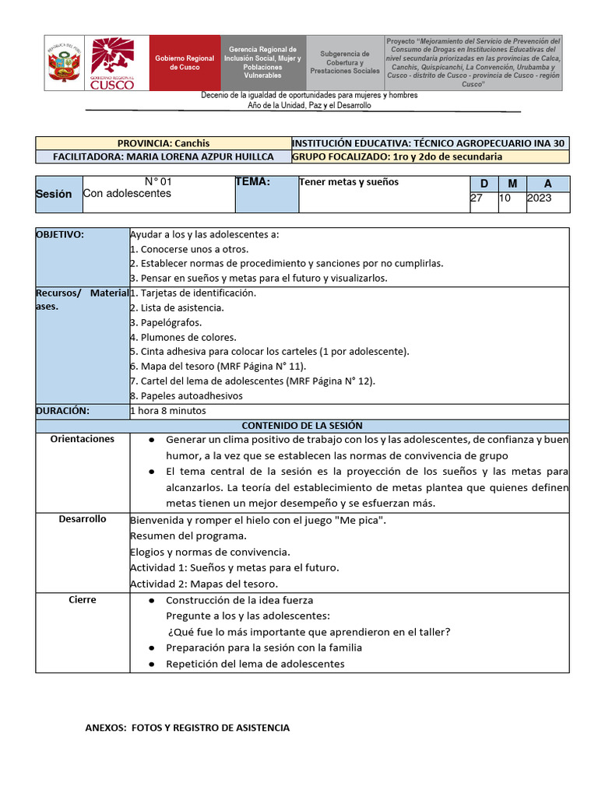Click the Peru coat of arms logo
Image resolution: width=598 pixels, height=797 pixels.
coord(65,63)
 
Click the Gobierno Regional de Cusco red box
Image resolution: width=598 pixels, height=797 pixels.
coord(185,63)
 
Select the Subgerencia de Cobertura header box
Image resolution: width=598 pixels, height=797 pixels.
coord(344,63)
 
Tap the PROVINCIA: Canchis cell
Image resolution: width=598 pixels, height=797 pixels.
coord(163,143)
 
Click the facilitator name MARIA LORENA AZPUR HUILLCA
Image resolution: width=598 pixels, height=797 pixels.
coord(163,156)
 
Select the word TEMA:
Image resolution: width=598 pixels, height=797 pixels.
coord(252,182)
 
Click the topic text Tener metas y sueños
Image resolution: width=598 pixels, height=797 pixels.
coord(349,182)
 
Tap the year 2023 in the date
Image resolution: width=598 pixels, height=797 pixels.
coord(539,198)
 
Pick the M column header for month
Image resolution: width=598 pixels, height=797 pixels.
coord(512,184)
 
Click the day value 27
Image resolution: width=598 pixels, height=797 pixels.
coord(477,198)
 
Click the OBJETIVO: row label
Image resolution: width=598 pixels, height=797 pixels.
coord(60,234)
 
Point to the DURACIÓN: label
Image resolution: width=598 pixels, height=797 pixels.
coord(63,410)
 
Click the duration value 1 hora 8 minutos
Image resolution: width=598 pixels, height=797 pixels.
coord(168,410)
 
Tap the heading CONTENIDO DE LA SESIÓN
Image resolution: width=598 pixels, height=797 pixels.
coord(302,426)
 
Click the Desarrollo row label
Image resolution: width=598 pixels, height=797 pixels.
coord(83,519)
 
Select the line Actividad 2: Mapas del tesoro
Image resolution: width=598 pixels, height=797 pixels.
coord(204,584)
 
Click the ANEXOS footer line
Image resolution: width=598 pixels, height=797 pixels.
coord(187,728)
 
